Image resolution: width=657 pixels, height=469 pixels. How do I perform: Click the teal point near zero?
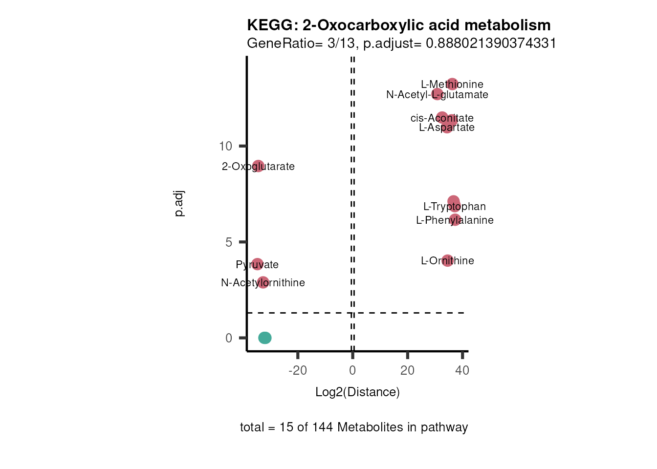[x=264, y=338]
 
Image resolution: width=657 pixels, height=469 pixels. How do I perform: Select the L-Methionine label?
[x=452, y=85]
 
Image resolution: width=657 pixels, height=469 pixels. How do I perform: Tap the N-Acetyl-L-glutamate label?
[x=437, y=95]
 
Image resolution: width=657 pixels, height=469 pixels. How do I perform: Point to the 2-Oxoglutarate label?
[x=258, y=167]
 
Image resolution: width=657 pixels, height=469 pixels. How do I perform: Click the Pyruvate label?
[x=257, y=265]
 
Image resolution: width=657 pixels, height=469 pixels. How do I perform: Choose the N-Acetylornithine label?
[x=263, y=283]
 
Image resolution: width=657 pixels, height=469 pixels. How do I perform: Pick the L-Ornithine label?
[x=447, y=261]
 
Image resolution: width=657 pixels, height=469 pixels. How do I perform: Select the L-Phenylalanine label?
[x=455, y=220]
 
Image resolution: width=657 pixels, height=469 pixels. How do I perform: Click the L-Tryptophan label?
[x=454, y=207]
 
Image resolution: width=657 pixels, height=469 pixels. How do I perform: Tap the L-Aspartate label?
[x=447, y=128]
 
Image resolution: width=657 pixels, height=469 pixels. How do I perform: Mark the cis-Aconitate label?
[x=442, y=118]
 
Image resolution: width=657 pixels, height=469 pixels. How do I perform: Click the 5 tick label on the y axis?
[x=229, y=242]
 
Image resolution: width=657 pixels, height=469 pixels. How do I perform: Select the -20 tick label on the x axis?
[x=298, y=370]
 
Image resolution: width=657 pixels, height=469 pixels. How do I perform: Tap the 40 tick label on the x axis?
[x=462, y=370]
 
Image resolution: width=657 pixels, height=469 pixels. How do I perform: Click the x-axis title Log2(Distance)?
[x=357, y=392]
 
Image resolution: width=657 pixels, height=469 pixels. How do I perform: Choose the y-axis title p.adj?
[x=179, y=204]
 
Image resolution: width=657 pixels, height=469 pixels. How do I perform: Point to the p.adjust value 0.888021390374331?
[x=491, y=43]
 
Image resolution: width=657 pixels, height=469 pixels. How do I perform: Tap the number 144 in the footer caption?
[x=323, y=427]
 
